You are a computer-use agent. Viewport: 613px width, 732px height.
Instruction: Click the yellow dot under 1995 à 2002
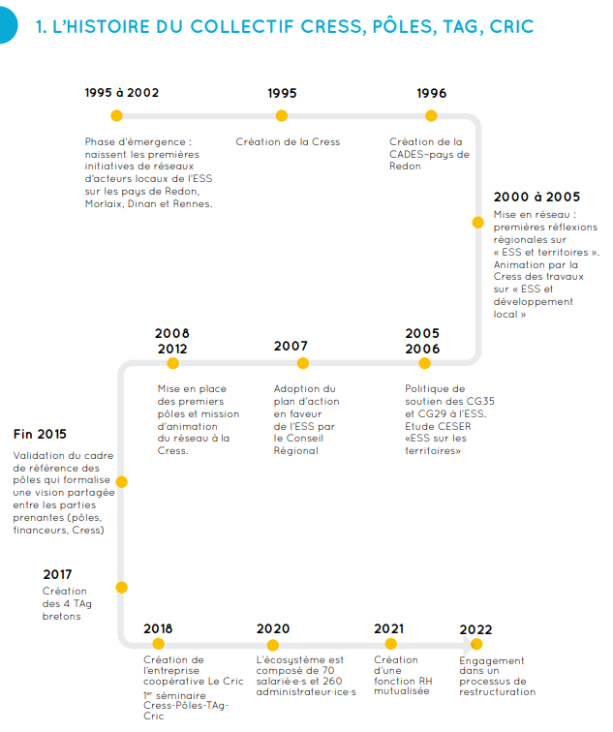pyautogui.click(x=116, y=115)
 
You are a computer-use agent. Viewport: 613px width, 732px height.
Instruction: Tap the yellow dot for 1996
pyautogui.click(x=432, y=115)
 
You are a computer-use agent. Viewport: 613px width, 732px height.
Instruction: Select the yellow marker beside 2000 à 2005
pyautogui.click(x=477, y=222)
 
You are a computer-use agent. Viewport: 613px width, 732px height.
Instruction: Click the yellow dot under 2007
pyautogui.click(x=303, y=363)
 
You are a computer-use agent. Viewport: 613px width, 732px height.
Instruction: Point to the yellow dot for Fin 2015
pyautogui.click(x=121, y=481)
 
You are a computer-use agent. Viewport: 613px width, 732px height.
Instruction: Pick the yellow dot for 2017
pyautogui.click(x=121, y=587)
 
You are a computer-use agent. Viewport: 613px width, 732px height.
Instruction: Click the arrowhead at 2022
pyautogui.click(x=475, y=643)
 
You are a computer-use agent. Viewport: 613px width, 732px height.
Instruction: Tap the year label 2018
pyautogui.click(x=158, y=628)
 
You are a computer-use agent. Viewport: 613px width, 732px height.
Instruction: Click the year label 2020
pyautogui.click(x=273, y=628)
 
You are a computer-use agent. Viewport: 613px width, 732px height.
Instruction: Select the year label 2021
pyautogui.click(x=388, y=628)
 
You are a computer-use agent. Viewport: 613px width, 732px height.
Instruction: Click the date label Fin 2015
pyautogui.click(x=40, y=434)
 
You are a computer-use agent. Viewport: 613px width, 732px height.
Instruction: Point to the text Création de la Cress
pyautogui.click(x=288, y=142)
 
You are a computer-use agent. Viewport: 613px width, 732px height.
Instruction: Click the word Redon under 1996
pyautogui.click(x=406, y=167)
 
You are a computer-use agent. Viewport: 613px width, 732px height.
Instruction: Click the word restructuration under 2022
pyautogui.click(x=497, y=692)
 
